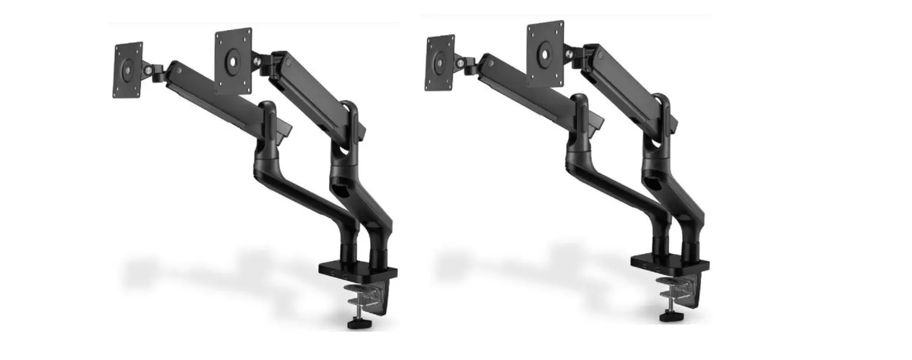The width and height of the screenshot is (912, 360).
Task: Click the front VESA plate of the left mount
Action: click(x=233, y=60)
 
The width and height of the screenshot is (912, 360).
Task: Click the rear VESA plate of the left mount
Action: click(x=128, y=70)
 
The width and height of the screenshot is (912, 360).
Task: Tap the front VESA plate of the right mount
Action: click(x=545, y=54)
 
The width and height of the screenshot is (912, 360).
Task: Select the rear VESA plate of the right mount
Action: click(x=440, y=63)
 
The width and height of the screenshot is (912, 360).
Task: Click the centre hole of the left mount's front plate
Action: click(x=233, y=60)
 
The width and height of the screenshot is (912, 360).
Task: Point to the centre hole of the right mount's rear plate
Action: click(x=440, y=63)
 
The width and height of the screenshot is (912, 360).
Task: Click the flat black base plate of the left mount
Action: click(x=358, y=271)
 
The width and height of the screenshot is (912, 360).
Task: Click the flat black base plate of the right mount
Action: click(x=669, y=264)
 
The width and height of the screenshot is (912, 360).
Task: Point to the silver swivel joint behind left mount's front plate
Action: click(x=256, y=59)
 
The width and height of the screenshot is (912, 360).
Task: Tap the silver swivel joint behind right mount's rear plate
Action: click(x=460, y=62)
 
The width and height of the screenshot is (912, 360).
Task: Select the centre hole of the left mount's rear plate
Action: click(x=128, y=70)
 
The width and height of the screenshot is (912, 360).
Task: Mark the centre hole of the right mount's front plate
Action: click(x=545, y=54)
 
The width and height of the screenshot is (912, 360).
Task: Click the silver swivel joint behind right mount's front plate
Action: click(x=568, y=53)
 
